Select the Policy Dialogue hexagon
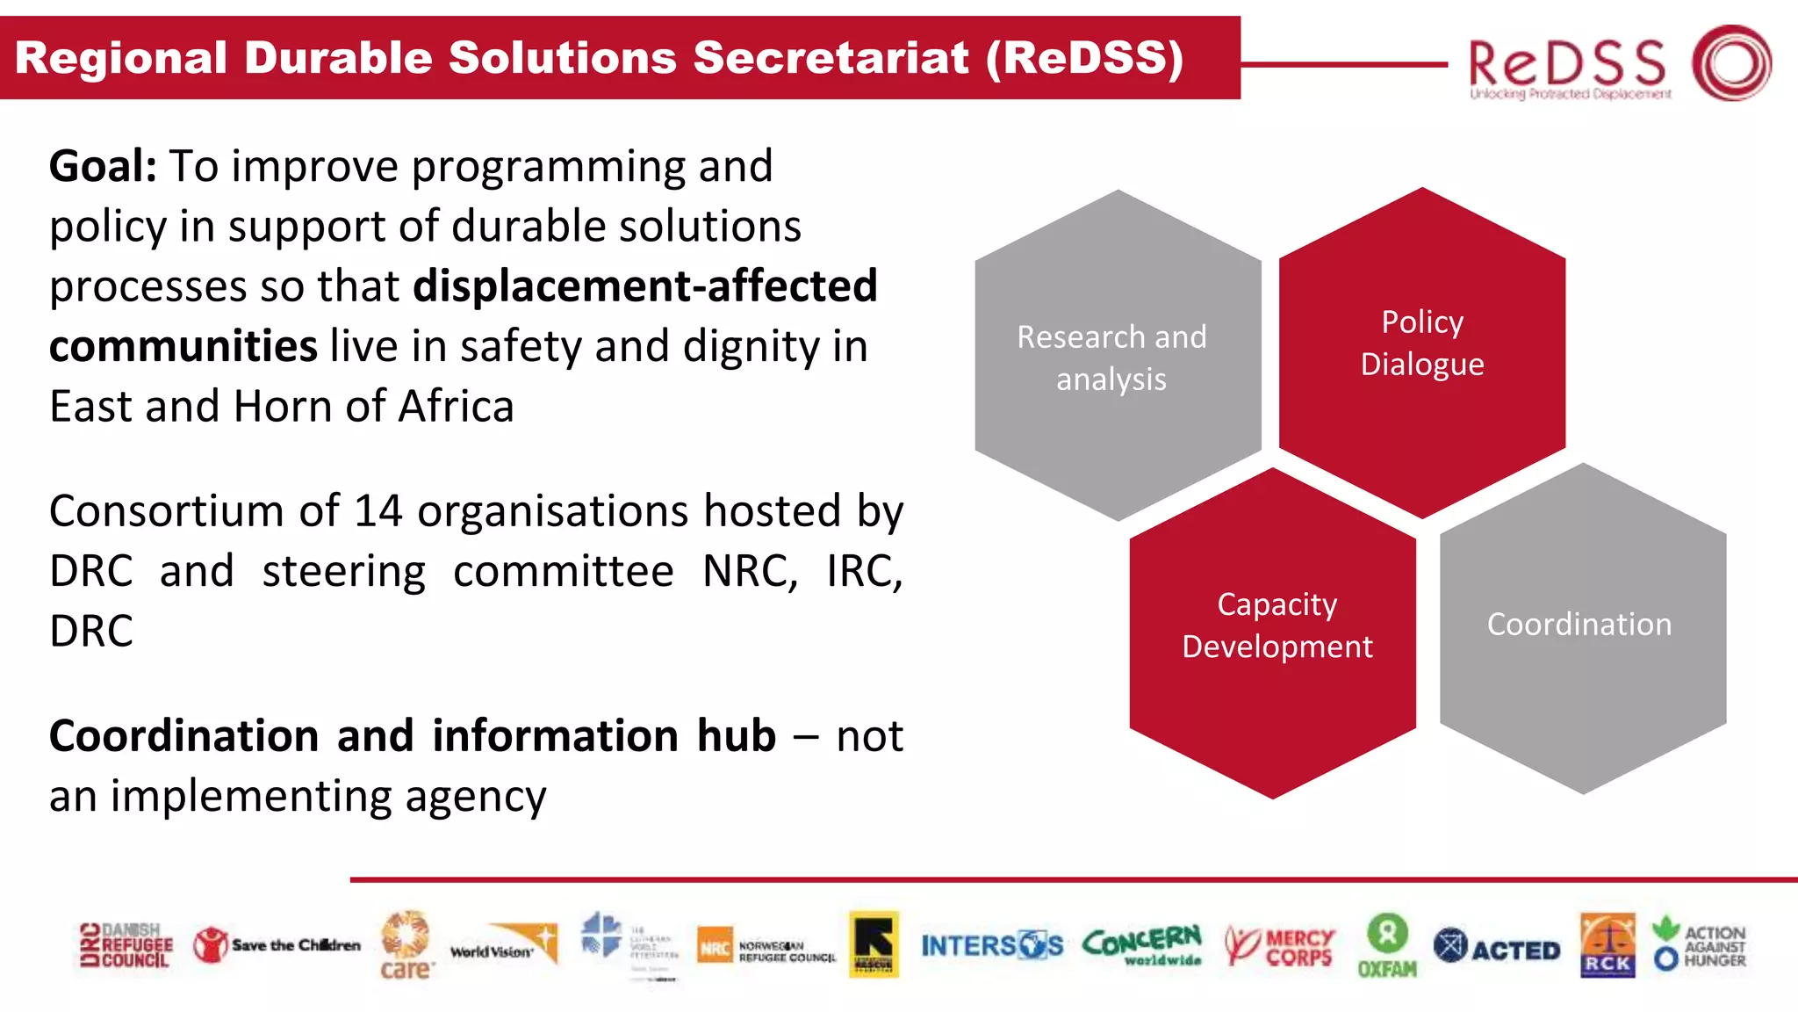[1422, 351]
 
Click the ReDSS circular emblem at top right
[1731, 62]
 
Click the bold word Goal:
[103, 166]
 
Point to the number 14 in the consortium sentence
[378, 511]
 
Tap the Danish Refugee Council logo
[126, 946]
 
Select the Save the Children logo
[277, 945]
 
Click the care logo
[406, 946]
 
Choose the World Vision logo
[504, 945]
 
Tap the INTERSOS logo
[991, 946]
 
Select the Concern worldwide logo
[1141, 945]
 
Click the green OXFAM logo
[1387, 946]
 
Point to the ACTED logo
[1496, 947]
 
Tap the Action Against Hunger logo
[1700, 946]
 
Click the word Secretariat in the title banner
[831, 58]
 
